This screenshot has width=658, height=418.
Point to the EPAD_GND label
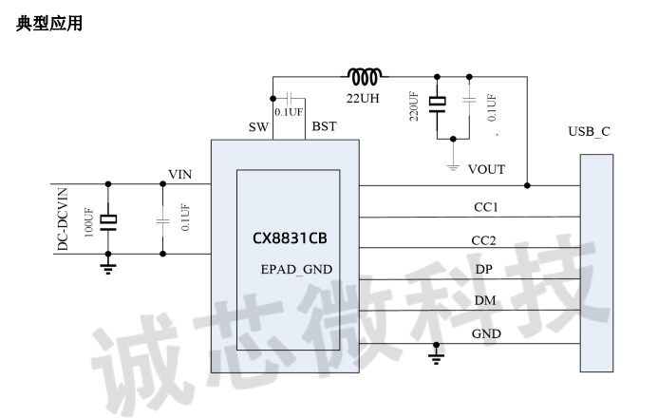(296, 269)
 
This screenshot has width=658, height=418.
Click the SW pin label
(258, 127)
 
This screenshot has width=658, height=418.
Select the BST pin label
(324, 127)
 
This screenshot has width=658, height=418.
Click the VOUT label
(486, 169)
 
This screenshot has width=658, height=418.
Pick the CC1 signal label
(486, 207)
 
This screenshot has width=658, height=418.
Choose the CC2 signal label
(485, 239)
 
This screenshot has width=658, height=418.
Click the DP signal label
(483, 270)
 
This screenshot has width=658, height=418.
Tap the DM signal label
(484, 301)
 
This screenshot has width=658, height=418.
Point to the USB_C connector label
(589, 131)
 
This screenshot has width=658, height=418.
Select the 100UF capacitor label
(90, 220)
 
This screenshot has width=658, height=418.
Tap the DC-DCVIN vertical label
(63, 218)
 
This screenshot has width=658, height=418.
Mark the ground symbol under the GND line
(438, 354)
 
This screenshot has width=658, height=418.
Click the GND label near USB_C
(486, 333)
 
